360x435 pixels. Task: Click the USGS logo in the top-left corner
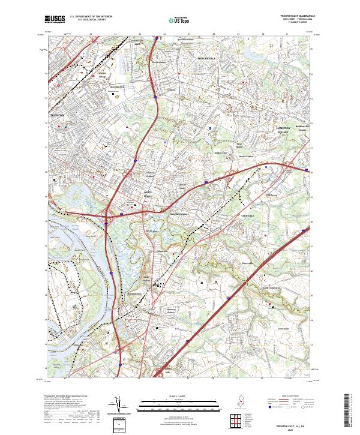click(55, 19)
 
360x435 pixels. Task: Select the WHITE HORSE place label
click(148, 194)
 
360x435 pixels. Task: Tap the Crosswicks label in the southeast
click(283, 329)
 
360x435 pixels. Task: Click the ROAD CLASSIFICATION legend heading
click(290, 397)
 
